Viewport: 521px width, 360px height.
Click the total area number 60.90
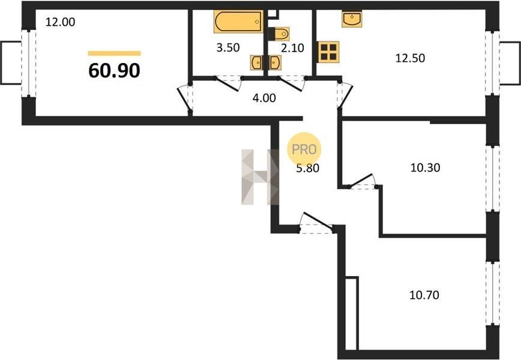(114, 70)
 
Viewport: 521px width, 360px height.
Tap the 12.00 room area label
(60, 22)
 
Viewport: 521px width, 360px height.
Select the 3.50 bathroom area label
(228, 48)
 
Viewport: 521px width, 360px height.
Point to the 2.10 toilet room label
(292, 48)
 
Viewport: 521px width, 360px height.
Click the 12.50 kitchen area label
(410, 58)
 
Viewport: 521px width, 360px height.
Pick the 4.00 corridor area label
(264, 98)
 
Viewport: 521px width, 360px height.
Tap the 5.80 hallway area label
(308, 169)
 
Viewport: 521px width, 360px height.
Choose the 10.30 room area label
(426, 168)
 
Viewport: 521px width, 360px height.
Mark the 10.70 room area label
(424, 295)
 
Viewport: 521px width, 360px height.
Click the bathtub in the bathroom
(238, 22)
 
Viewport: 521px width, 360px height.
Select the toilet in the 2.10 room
(279, 34)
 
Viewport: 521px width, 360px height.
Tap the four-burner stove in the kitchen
(328, 52)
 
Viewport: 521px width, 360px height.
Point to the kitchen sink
(352, 19)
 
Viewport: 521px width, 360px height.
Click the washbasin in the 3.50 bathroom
(256, 63)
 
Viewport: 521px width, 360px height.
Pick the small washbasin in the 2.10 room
(275, 63)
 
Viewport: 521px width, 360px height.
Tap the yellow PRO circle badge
(304, 149)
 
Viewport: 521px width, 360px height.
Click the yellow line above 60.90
(114, 53)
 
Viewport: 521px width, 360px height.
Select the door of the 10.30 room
(361, 181)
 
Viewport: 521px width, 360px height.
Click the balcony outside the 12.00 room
(11, 63)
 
